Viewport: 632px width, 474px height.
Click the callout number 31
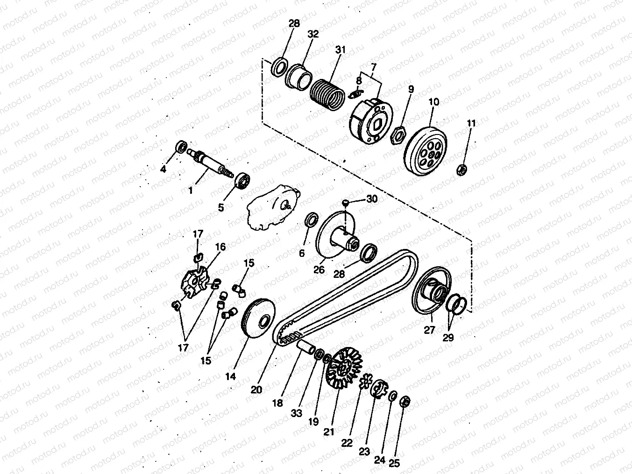pos(341,50)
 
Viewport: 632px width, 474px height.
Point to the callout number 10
pos(434,102)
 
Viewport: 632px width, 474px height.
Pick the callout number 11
pos(471,123)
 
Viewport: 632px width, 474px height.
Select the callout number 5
pos(221,207)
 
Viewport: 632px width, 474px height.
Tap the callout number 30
pos(371,198)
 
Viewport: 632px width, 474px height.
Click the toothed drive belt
pos(346,297)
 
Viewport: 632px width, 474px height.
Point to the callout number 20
pos(256,389)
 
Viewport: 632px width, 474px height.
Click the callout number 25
pos(394,463)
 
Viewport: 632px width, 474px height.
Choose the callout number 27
pos(429,330)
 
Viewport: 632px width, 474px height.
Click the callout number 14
pos(230,376)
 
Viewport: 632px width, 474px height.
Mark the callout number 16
pos(220,247)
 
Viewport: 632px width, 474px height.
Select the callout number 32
pos(313,34)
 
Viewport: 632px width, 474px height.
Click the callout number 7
pos(373,68)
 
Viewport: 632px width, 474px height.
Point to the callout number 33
pos(296,413)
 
